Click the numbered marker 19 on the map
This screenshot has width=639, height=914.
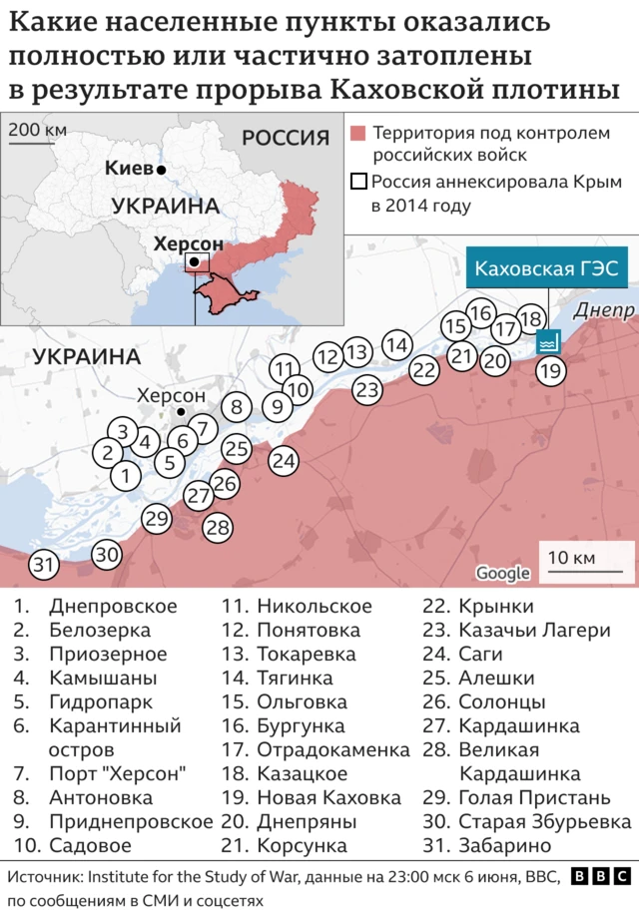(x=550, y=372)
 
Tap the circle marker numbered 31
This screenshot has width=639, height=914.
(x=43, y=565)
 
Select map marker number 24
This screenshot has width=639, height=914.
(x=284, y=461)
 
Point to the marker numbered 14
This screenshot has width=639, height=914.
(x=397, y=345)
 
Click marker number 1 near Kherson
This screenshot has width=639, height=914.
(x=125, y=476)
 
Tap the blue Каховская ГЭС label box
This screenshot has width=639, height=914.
(x=546, y=268)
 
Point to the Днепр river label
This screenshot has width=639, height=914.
(x=604, y=311)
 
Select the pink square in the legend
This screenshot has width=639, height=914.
(x=359, y=133)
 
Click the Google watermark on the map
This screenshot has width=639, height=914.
(x=502, y=573)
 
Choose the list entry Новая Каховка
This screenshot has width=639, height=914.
(x=328, y=797)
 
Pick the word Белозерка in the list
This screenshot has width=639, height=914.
(x=100, y=630)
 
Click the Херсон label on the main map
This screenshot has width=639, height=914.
(x=171, y=395)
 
